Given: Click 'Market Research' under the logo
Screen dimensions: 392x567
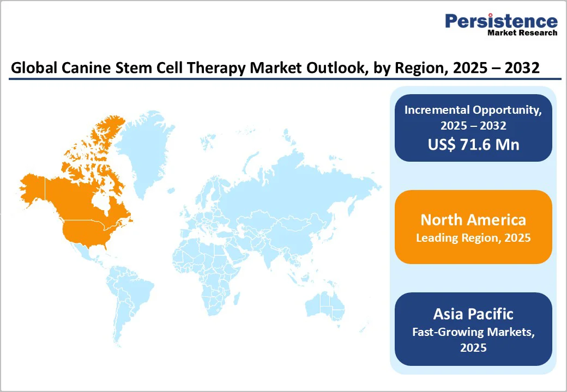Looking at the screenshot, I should point(522,33).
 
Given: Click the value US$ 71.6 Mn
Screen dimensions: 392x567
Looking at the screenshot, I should point(473,144).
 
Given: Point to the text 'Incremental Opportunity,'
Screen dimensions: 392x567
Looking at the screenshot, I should point(473,109).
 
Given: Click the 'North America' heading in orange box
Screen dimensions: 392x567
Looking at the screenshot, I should point(473,219).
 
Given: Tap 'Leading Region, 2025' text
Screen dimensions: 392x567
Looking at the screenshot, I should point(473,238).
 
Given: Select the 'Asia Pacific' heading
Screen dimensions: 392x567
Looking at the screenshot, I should point(473,314).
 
